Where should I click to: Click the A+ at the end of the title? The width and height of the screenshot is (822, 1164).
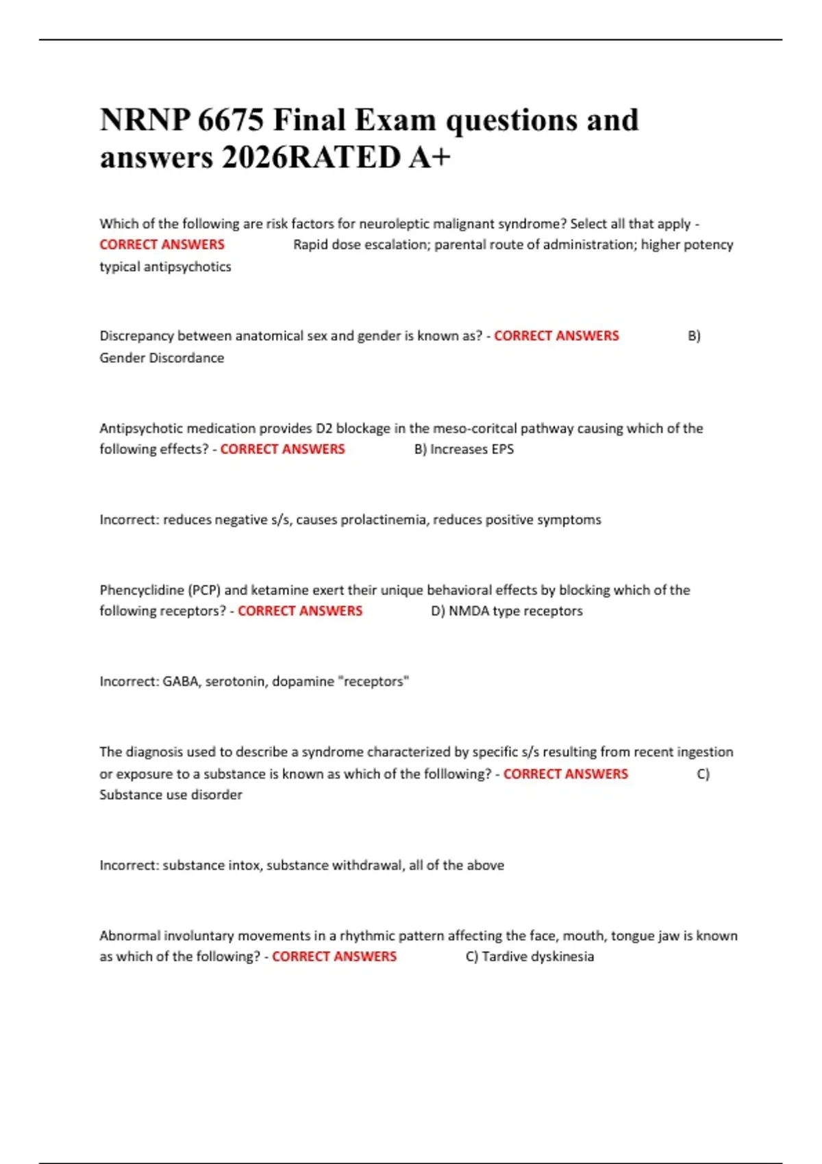[x=430, y=157]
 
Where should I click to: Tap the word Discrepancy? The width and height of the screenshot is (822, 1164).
[x=137, y=336]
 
